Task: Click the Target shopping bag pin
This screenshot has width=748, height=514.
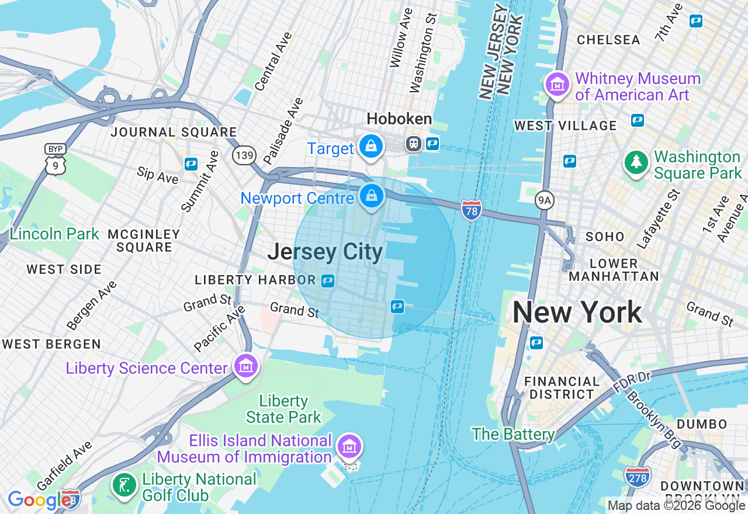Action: [371, 146]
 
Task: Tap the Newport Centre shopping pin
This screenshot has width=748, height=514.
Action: [371, 196]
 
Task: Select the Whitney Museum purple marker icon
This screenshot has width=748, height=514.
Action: [557, 85]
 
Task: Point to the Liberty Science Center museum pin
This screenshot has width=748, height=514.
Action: [245, 366]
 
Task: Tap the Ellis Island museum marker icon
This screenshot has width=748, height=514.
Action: [349, 447]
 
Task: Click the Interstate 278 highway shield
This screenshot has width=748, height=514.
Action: [637, 477]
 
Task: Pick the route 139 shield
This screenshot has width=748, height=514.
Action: [244, 155]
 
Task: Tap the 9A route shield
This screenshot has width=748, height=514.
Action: [544, 201]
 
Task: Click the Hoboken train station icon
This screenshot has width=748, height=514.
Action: [414, 144]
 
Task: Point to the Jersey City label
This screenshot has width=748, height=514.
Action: [325, 252]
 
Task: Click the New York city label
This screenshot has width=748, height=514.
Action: [577, 312]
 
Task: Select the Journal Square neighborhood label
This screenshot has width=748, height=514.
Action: [174, 132]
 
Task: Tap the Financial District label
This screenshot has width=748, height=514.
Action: [562, 388]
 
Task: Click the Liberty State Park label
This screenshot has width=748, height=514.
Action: [283, 409]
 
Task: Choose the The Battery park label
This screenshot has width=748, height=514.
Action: [513, 434]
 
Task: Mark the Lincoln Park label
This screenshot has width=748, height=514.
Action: [54, 234]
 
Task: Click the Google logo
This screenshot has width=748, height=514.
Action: [39, 500]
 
